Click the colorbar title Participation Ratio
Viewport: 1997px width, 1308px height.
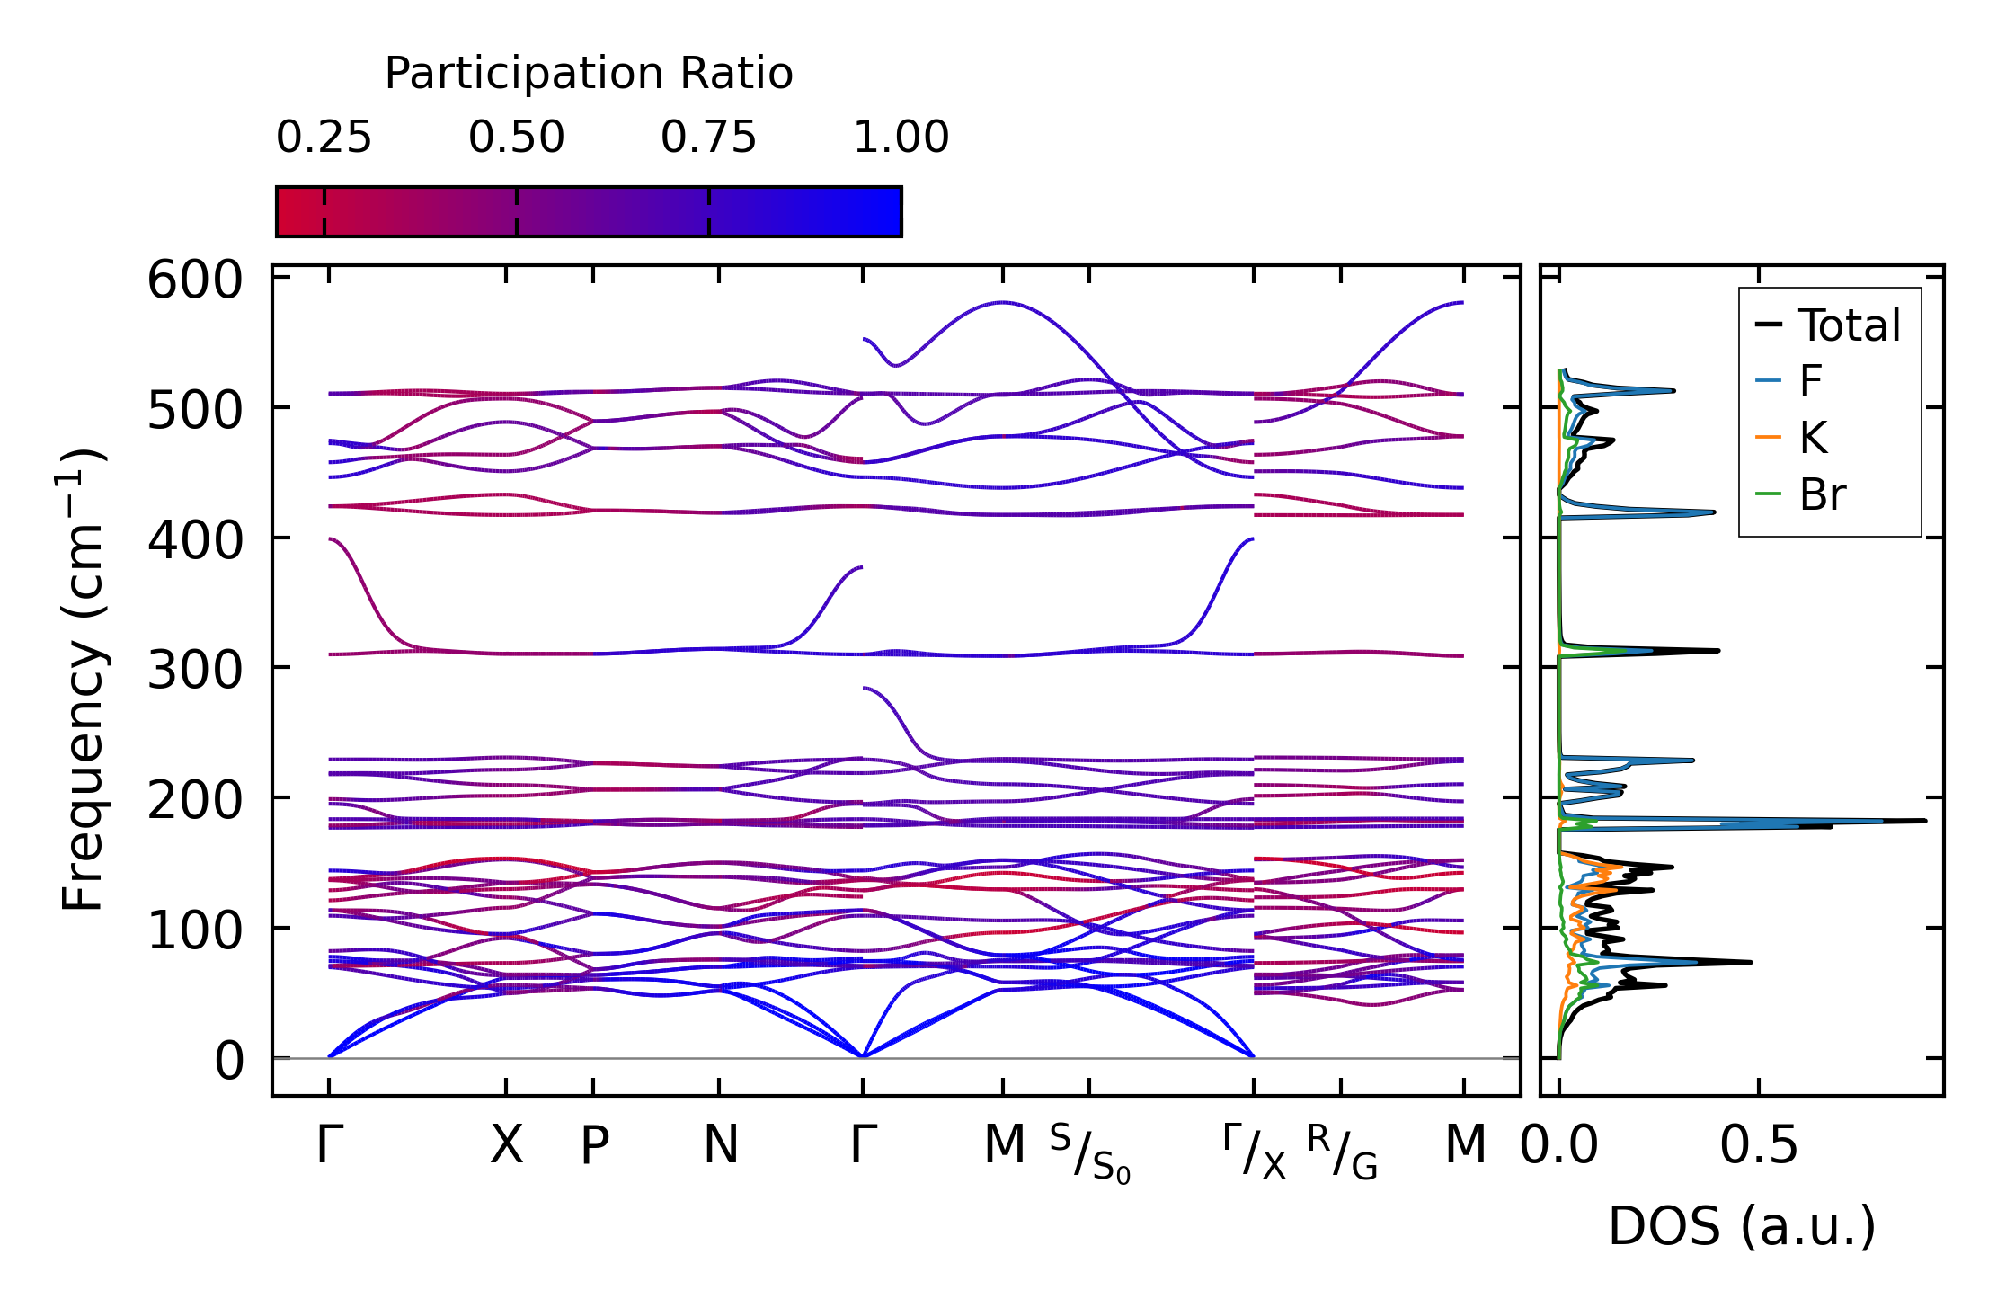pyautogui.click(x=589, y=74)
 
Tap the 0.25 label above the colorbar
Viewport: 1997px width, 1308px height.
pyautogui.click(x=324, y=138)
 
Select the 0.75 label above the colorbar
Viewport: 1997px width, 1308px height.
pyautogui.click(x=708, y=138)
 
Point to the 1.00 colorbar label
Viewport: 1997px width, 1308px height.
pyautogui.click(x=901, y=138)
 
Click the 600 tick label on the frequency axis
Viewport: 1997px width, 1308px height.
pyautogui.click(x=195, y=280)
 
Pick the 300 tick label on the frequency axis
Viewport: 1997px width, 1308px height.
pyautogui.click(x=195, y=671)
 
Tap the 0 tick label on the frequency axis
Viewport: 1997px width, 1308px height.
pyautogui.click(x=229, y=1062)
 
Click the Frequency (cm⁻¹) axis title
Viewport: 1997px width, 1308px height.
pyautogui.click(x=84, y=679)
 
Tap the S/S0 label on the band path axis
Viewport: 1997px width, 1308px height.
pyautogui.click(x=1089, y=1153)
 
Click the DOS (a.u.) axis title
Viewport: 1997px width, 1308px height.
pyautogui.click(x=1742, y=1226)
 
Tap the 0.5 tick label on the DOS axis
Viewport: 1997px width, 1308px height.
pyautogui.click(x=1759, y=1146)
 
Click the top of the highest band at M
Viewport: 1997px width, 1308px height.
pyautogui.click(x=1003, y=303)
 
